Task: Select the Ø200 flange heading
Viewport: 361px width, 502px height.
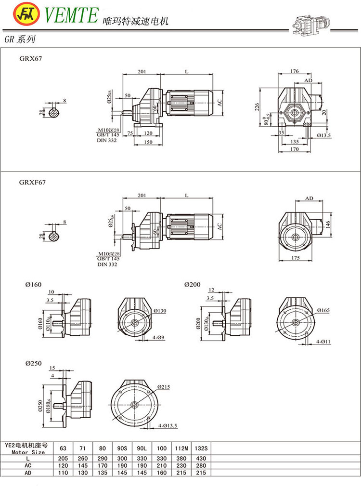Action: coord(192,285)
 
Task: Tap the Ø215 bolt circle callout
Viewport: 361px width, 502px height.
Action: coord(164,387)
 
